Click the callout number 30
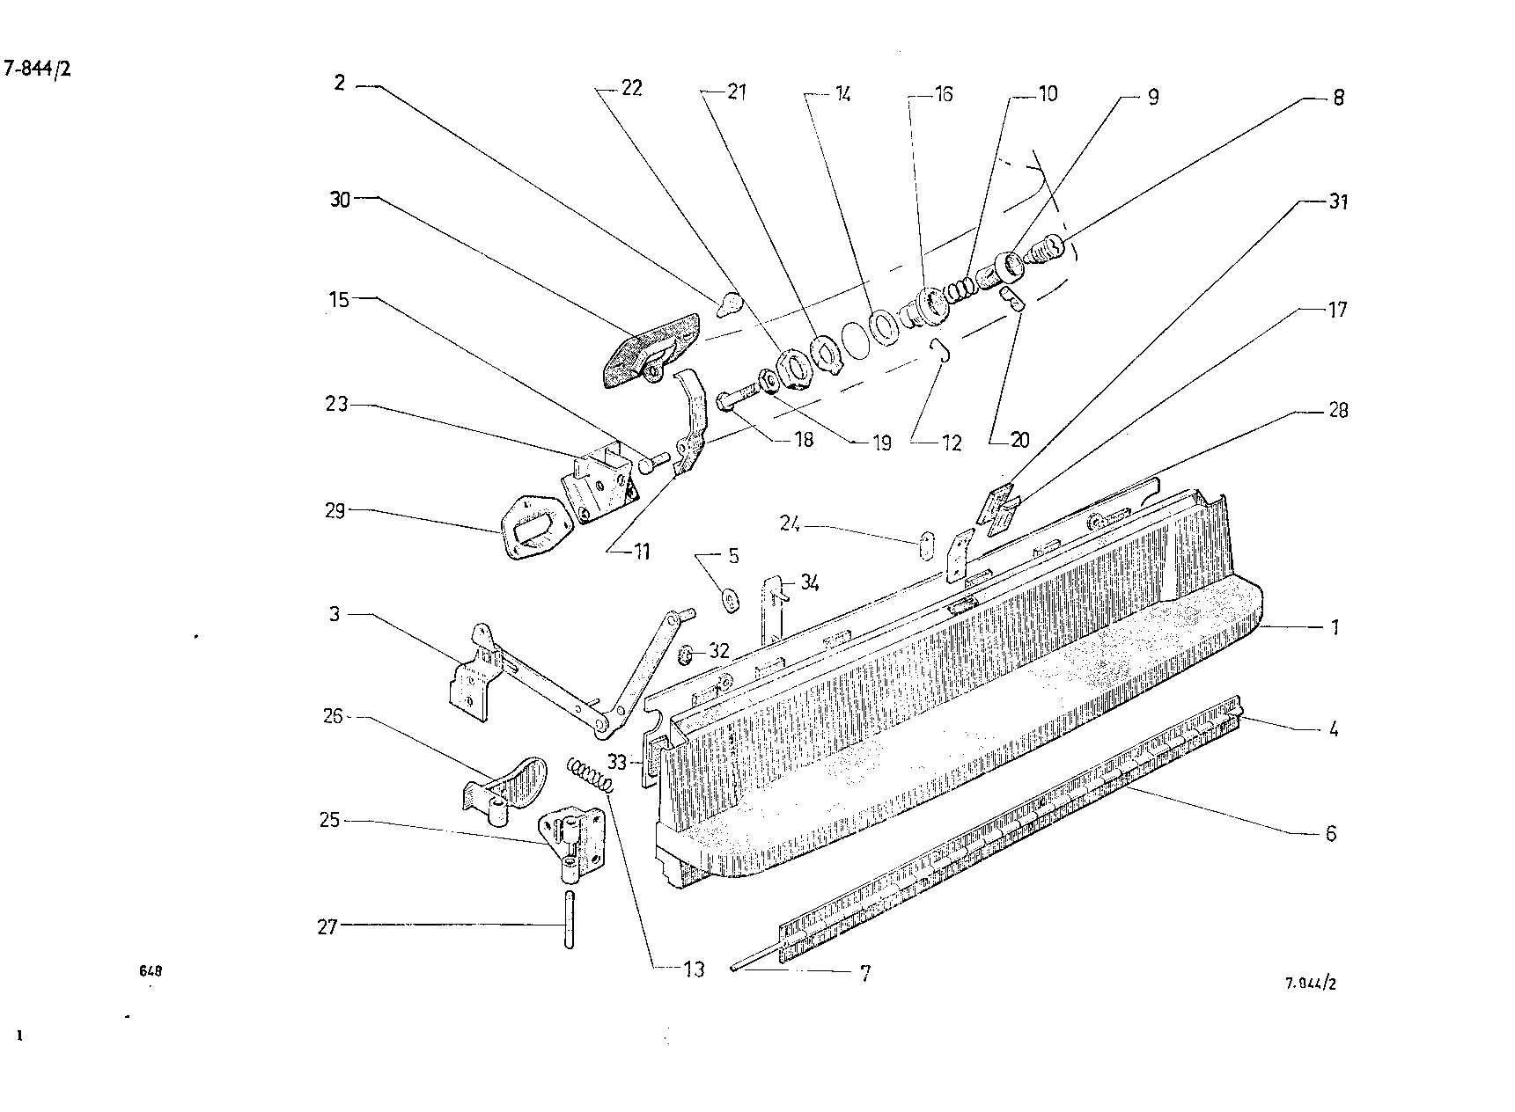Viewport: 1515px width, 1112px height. pos(340,200)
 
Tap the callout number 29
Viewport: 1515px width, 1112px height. pos(335,510)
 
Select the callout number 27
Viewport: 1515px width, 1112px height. pos(327,926)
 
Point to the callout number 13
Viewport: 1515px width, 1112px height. pos(694,969)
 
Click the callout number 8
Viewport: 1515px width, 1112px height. pos(1338,97)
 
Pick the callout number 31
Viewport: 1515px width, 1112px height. pos(1338,201)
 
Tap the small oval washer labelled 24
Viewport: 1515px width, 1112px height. pos(924,545)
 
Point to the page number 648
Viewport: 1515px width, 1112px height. pos(151,971)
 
